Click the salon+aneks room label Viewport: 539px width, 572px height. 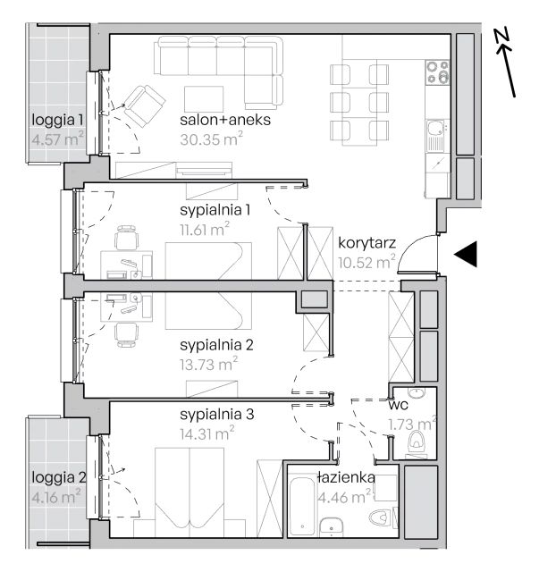click(x=225, y=120)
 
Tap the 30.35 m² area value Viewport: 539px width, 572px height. click(x=211, y=139)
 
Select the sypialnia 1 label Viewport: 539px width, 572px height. click(x=215, y=211)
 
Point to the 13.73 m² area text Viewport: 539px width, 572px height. click(x=208, y=364)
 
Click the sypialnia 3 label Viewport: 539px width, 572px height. click(x=217, y=415)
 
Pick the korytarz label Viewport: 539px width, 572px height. click(x=366, y=243)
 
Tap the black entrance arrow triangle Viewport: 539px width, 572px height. click(x=466, y=254)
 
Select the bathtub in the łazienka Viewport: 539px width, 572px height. click(x=302, y=506)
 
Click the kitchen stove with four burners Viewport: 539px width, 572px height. click(x=438, y=72)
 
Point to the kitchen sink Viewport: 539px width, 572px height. click(x=436, y=135)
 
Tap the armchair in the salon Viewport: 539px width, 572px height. click(x=144, y=105)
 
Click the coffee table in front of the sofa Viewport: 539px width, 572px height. click(x=204, y=99)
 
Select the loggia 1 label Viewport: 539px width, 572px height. click(x=57, y=120)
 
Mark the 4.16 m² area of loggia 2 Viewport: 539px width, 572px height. click(x=56, y=497)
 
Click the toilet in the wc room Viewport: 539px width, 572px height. click(x=417, y=440)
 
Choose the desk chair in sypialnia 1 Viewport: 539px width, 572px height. click(x=127, y=237)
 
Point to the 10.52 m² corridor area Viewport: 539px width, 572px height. click(x=366, y=262)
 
